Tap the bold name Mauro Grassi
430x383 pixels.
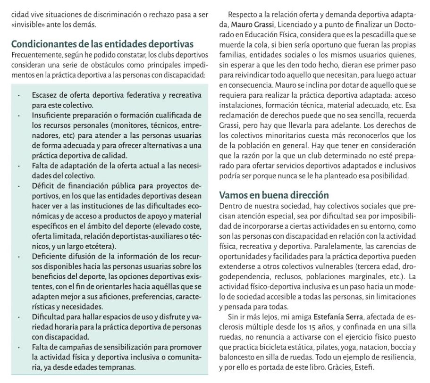253,24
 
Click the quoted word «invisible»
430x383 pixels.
27,25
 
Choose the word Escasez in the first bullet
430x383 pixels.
46,95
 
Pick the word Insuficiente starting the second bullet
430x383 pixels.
54,115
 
